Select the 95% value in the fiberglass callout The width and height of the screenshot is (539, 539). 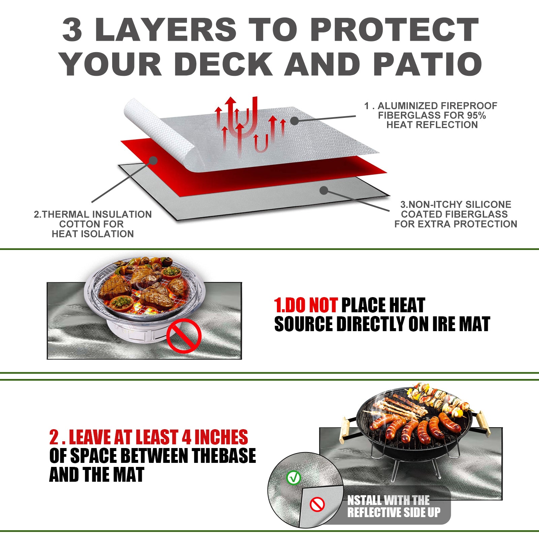476,116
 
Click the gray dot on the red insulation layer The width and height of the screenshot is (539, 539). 153,160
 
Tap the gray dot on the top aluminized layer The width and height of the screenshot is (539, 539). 294,121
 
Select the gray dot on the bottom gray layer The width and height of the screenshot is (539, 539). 324,191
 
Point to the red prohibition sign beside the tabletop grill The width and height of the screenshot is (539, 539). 184,336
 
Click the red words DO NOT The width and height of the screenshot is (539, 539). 306,305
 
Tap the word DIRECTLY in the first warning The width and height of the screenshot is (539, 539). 371,324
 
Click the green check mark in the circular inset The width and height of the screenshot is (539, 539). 293,477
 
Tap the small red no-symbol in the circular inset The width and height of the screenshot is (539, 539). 317,504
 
